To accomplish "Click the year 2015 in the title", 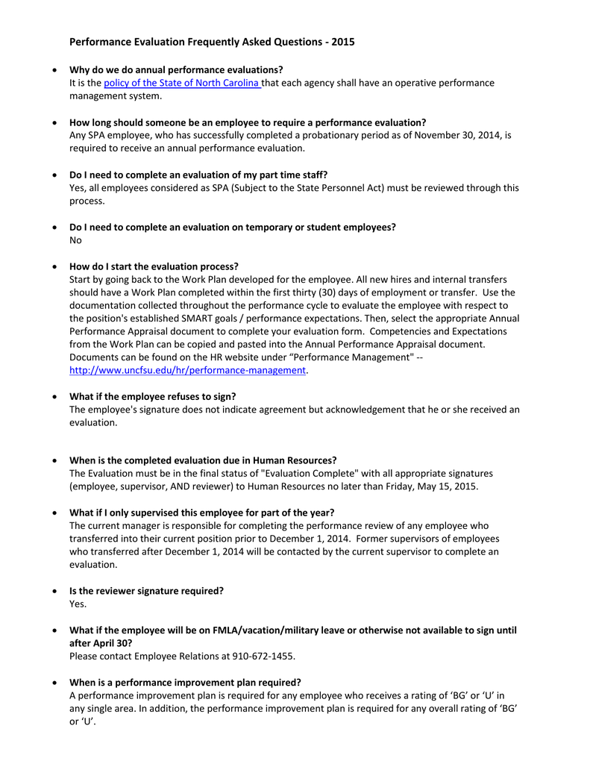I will [343, 43].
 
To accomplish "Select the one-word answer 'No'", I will [75, 240].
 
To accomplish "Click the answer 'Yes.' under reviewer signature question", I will [78, 604].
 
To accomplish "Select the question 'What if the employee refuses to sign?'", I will [152, 396].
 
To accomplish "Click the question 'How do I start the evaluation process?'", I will [154, 266].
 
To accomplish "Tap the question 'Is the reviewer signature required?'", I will [146, 591].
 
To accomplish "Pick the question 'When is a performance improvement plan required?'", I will [185, 682].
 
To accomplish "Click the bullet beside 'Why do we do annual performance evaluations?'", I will [54, 70].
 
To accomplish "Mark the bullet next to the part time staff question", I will [54, 175].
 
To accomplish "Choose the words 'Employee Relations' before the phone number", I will [175, 657].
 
